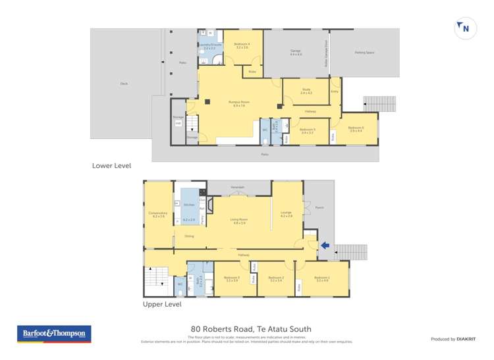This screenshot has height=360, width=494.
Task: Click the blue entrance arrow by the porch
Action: pos(324,245)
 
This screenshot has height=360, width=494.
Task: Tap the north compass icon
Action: pos(464,28)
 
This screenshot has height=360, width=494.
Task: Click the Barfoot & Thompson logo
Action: pos(54,334)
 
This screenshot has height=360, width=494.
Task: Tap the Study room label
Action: pos(306,91)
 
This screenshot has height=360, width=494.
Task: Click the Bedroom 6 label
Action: pos(356,127)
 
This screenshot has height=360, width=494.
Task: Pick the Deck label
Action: pos(123,84)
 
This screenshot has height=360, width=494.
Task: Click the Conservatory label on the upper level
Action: pos(159,213)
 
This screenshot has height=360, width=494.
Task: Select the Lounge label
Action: pos(286,213)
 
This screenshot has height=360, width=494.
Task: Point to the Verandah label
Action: pos(238,188)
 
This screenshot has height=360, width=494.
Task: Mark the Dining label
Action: pos(189,236)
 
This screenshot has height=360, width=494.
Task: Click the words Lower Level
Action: pos(112,166)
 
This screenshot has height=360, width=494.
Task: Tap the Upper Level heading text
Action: pos(162,305)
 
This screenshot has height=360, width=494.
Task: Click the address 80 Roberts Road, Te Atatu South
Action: pos(251,329)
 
